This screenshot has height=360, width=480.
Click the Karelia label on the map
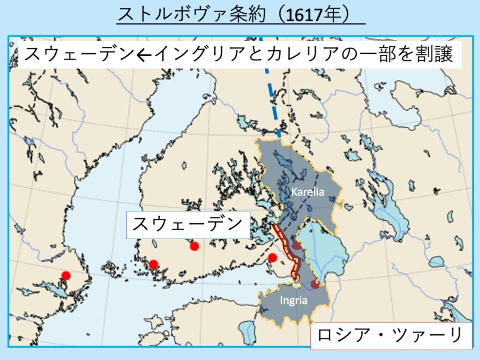pos(307,191)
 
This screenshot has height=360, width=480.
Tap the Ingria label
pos(293,300)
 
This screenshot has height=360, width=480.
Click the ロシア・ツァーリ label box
pos(390,336)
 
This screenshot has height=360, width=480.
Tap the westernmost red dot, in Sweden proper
pos(66,275)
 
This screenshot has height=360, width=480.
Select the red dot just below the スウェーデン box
pos(194,246)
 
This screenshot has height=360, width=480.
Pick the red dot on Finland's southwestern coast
pos(153,264)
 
